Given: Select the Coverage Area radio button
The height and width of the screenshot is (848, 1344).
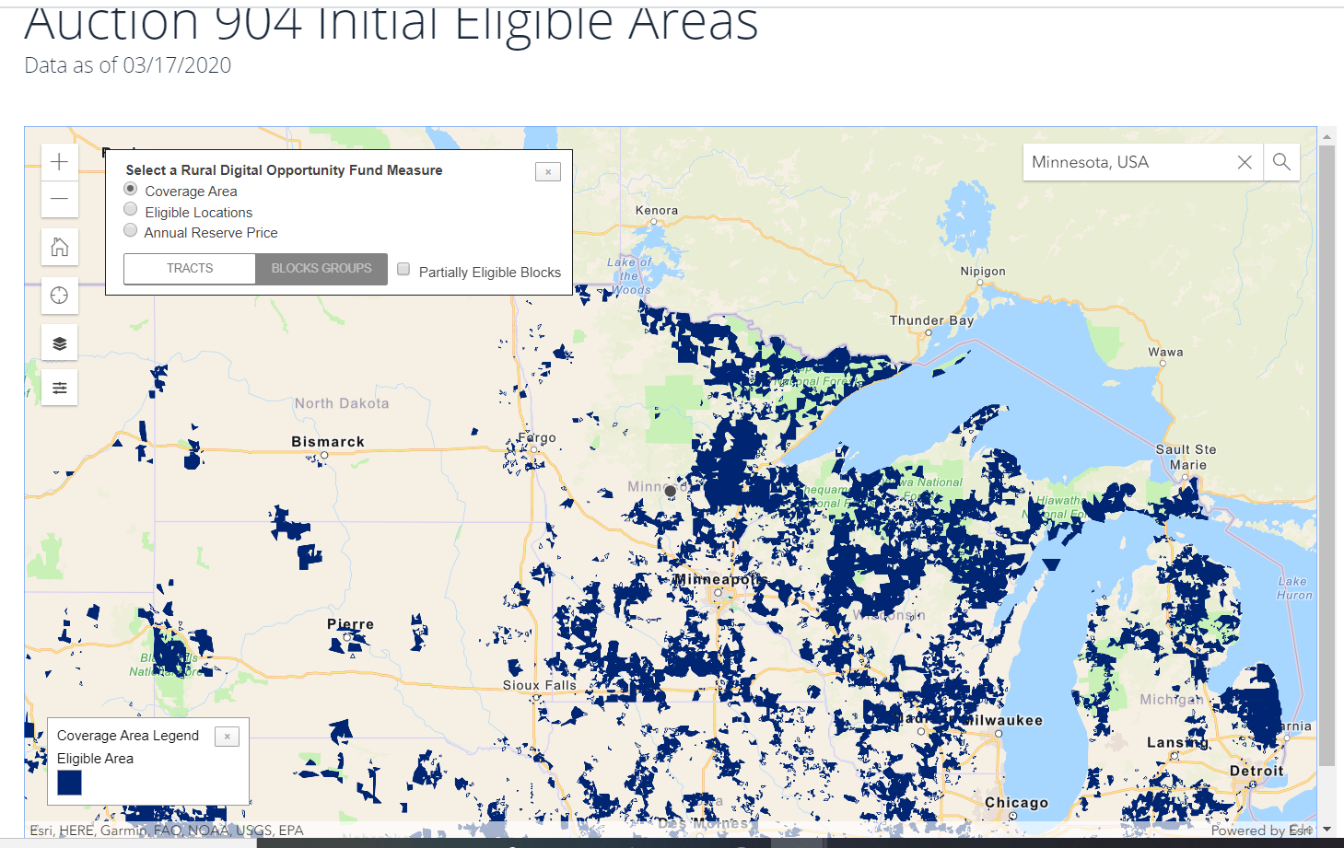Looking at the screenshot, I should point(131,190).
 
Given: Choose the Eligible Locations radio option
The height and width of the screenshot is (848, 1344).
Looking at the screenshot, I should point(131,211).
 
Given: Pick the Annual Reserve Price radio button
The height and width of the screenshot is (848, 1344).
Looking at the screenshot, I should point(131,231).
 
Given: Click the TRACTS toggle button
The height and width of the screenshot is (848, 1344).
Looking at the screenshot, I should point(190,269).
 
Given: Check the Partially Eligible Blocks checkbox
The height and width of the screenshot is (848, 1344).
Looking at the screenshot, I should point(403,270).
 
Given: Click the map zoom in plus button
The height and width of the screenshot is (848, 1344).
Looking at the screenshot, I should point(60,163).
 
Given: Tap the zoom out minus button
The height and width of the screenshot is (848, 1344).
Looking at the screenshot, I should point(60,199).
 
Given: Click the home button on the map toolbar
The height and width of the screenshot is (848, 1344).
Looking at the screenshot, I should point(60,247).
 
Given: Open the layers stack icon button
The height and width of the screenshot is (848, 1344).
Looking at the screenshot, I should point(60,343).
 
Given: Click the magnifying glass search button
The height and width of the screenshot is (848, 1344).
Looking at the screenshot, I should point(1281,162).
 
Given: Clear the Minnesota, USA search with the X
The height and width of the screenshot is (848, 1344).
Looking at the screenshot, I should point(1245,162).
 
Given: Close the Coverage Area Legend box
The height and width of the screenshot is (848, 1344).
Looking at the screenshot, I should point(227,737).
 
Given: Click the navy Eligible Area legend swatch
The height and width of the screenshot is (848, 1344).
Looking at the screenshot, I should point(70,783).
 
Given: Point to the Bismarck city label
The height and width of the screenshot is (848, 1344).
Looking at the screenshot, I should point(328,442).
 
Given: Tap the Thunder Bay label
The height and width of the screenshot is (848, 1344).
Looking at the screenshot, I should point(931,320).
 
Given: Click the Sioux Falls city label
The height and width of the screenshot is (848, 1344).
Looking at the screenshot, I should point(539,685).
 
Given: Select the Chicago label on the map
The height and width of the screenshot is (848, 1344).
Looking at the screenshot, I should point(1016,802).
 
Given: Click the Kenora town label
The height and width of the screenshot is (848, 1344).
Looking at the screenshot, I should point(657,210).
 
